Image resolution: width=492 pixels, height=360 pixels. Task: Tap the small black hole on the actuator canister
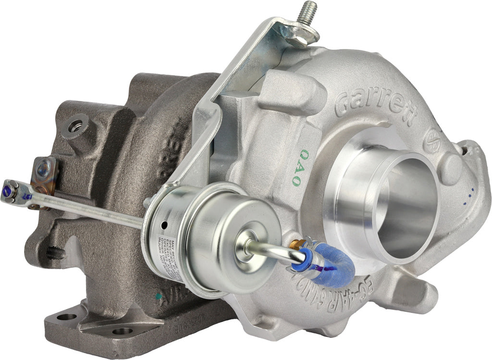tap(164, 225)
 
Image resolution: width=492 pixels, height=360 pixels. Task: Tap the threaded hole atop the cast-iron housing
tap(76, 127)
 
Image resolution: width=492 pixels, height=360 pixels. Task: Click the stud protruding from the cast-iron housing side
tap(55, 253)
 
